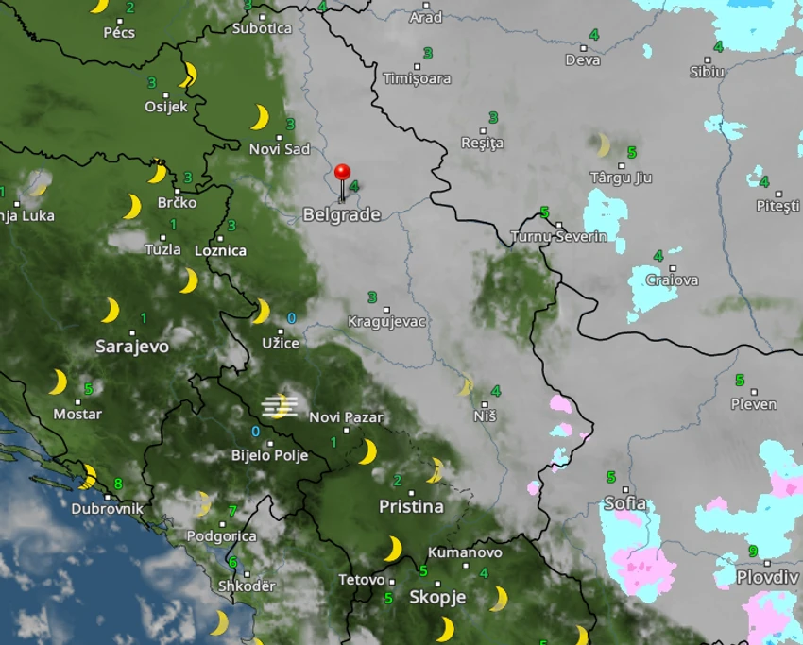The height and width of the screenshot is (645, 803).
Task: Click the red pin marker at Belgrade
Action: pos(342,174)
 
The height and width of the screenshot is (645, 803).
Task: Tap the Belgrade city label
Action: pos(341,215)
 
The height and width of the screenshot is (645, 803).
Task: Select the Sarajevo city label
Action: pos(132,347)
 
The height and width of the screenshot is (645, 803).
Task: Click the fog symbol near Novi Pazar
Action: pos(280,407)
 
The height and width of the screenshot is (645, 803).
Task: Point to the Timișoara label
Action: pos(417,78)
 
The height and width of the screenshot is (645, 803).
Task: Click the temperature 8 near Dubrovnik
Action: pos(117,484)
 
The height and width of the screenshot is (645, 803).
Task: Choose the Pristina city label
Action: pos(411,507)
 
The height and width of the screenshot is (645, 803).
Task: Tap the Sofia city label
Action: pos(624,503)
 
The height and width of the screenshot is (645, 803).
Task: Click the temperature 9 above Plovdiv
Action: pos(753,552)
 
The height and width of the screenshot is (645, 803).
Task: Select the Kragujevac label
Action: pos(387,322)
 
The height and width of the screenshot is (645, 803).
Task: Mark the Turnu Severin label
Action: pos(558,237)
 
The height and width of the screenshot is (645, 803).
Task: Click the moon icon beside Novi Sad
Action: pos(260,118)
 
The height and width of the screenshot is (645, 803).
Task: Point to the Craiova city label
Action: pos(672,280)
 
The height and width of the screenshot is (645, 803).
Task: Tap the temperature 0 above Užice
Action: pos(291,318)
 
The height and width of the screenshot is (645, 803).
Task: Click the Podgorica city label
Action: pos(221,536)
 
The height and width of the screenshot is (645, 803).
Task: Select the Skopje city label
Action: pos(437,597)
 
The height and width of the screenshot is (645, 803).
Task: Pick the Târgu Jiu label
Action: pos(621,178)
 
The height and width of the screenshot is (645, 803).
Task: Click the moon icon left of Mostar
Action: pos(59,382)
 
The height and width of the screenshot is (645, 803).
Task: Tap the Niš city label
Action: pos(485,416)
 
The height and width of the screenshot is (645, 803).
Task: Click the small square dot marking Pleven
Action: pos(753,391)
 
